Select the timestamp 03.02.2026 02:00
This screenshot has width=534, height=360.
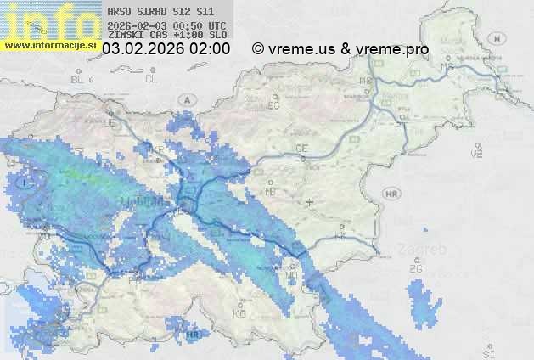coord(166,49)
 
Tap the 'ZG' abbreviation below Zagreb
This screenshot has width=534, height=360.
coord(416,268)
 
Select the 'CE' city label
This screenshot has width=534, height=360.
coord(301,149)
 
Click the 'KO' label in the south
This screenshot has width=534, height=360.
coord(239,313)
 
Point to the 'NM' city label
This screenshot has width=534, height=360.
coord(292,275)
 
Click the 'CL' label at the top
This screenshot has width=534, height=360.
coord(152,79)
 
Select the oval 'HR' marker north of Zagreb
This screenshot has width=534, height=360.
coord(391,194)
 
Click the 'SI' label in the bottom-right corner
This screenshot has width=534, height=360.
coord(487,352)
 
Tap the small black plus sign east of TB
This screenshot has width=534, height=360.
coord(310,202)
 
